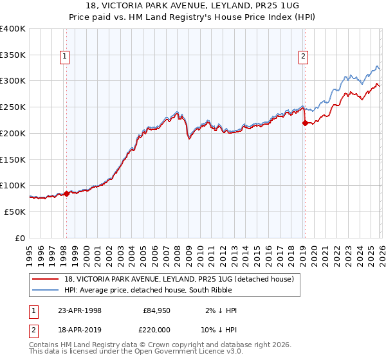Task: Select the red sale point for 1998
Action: click(x=67, y=193)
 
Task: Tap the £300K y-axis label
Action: click(x=13, y=81)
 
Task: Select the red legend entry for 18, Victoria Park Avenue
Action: click(x=179, y=279)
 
